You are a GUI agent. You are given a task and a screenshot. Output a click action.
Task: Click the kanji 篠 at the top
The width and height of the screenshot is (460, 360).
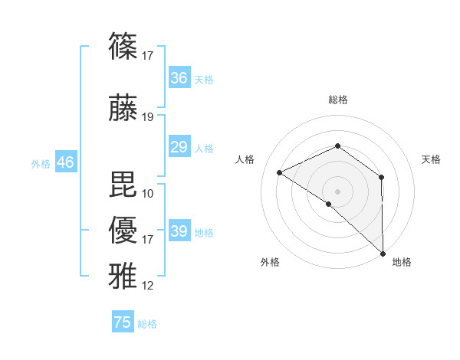[x=123, y=47]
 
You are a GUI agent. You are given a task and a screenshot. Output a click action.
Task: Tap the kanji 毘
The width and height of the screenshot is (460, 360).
[x=123, y=184]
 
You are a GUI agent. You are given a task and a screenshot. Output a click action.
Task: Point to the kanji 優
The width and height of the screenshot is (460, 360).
[x=123, y=230]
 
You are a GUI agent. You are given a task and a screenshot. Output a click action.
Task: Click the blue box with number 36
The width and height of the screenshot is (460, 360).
[x=179, y=78]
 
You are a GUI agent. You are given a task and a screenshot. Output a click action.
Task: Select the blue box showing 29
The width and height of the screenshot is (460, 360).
[x=179, y=147]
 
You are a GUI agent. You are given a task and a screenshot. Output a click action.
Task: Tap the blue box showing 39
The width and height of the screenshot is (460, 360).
[x=179, y=231]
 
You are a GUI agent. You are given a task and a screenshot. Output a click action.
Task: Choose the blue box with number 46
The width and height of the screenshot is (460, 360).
[x=65, y=162]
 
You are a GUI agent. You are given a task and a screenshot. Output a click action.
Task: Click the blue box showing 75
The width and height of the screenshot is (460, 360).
[x=123, y=322]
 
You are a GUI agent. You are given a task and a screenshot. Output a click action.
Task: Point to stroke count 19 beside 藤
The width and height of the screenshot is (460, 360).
[x=148, y=117]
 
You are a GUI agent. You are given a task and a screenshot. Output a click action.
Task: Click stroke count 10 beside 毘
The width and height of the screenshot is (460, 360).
[x=148, y=193]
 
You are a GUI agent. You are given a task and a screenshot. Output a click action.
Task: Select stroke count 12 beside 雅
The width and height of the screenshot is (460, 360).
[x=148, y=286]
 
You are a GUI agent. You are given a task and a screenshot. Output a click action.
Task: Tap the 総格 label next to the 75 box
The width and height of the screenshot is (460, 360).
[x=147, y=324]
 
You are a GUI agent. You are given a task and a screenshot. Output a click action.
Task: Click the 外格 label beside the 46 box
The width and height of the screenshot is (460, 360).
[x=41, y=164]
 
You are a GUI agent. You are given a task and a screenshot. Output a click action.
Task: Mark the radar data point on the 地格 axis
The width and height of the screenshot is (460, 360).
[x=383, y=253]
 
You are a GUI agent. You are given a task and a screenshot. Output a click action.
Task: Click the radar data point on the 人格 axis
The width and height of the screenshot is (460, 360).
[x=280, y=172]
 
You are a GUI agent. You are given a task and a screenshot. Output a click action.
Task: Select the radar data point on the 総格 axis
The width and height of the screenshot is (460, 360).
[x=337, y=146]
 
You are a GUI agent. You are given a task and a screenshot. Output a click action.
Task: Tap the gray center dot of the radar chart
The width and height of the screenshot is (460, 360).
[x=337, y=191]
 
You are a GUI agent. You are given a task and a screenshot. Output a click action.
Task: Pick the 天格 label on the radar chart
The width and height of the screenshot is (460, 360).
[x=431, y=159]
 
